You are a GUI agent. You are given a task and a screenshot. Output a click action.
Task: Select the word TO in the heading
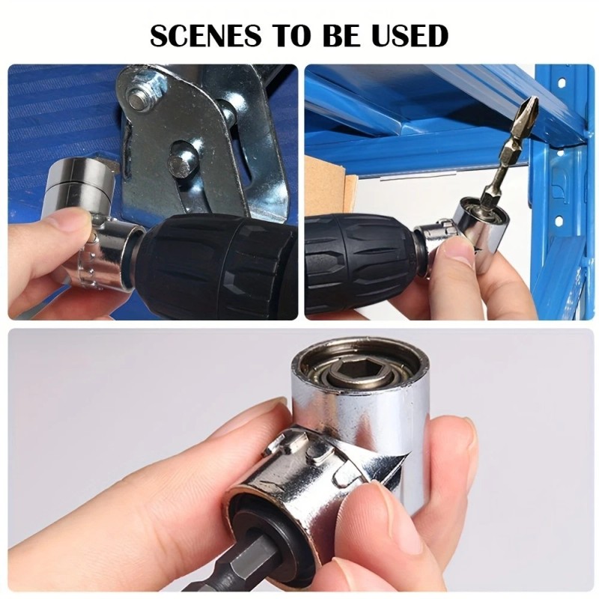point(288,35)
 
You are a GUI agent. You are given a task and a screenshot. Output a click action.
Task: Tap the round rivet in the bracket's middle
point(182,161)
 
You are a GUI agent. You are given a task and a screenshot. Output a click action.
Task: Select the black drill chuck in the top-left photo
point(217,266)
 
